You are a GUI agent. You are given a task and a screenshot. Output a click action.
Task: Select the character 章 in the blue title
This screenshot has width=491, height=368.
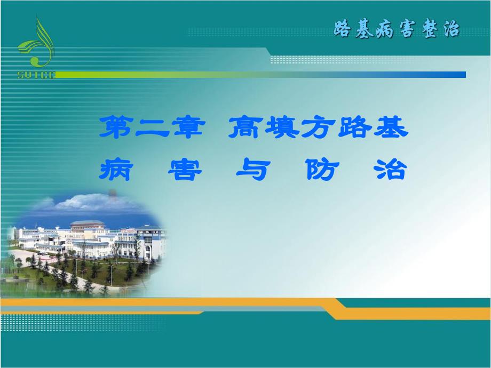pyautogui.click(x=187, y=129)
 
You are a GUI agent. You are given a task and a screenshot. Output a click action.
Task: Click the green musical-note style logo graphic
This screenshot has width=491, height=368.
pyautogui.click(x=37, y=45)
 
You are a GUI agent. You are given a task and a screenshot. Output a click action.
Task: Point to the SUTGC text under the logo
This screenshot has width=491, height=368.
pyautogui.click(x=37, y=75)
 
